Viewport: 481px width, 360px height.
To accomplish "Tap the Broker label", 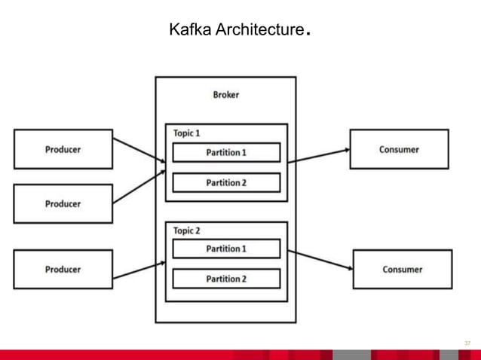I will (x=225, y=95).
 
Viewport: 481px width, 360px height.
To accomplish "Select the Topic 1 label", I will (x=186, y=133).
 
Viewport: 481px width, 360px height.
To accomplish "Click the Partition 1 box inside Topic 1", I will (x=226, y=152).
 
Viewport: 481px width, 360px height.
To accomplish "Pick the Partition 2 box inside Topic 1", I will (x=226, y=182).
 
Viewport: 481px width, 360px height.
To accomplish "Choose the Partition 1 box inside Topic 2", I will (x=226, y=249).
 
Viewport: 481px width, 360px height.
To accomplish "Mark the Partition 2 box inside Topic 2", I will (x=226, y=279).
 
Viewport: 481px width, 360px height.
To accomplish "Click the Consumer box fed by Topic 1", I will (x=399, y=149).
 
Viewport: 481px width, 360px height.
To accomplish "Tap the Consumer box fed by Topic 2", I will (x=402, y=269).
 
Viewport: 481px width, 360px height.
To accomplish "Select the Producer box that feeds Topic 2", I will (x=63, y=269).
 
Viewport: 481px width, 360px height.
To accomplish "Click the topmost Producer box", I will (x=63, y=149).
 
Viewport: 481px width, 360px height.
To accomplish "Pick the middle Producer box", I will (x=63, y=203).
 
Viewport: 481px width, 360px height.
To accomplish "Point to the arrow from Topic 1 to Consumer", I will (x=319, y=155).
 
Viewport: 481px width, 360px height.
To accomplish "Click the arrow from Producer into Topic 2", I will (x=139, y=271).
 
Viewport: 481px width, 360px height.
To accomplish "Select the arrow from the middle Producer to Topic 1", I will (x=139, y=187).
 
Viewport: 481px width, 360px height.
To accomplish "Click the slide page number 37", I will (x=467, y=343).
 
